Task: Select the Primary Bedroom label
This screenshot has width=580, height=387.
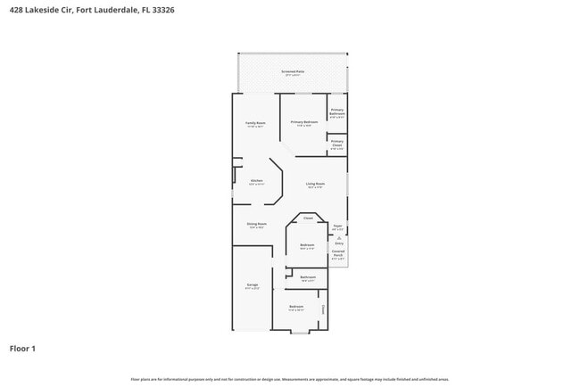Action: tap(304, 121)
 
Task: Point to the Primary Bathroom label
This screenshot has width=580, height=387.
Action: tap(337, 112)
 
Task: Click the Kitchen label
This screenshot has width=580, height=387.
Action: tap(256, 181)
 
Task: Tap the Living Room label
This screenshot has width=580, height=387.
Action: tap(315, 184)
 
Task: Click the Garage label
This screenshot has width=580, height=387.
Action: tap(253, 284)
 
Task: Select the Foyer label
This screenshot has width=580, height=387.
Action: tap(338, 226)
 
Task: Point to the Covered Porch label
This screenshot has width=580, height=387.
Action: tap(338, 253)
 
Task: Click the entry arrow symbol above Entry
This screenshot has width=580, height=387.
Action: tap(338, 237)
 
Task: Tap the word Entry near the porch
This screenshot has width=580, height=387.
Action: tap(338, 243)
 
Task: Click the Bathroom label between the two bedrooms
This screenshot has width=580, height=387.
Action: tap(308, 277)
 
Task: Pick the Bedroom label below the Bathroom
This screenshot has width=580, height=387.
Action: tap(296, 307)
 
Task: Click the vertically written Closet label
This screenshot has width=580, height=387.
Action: tap(323, 309)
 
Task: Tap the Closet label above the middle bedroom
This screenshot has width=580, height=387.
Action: tap(308, 218)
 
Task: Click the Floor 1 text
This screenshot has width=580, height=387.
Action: tap(23, 348)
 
